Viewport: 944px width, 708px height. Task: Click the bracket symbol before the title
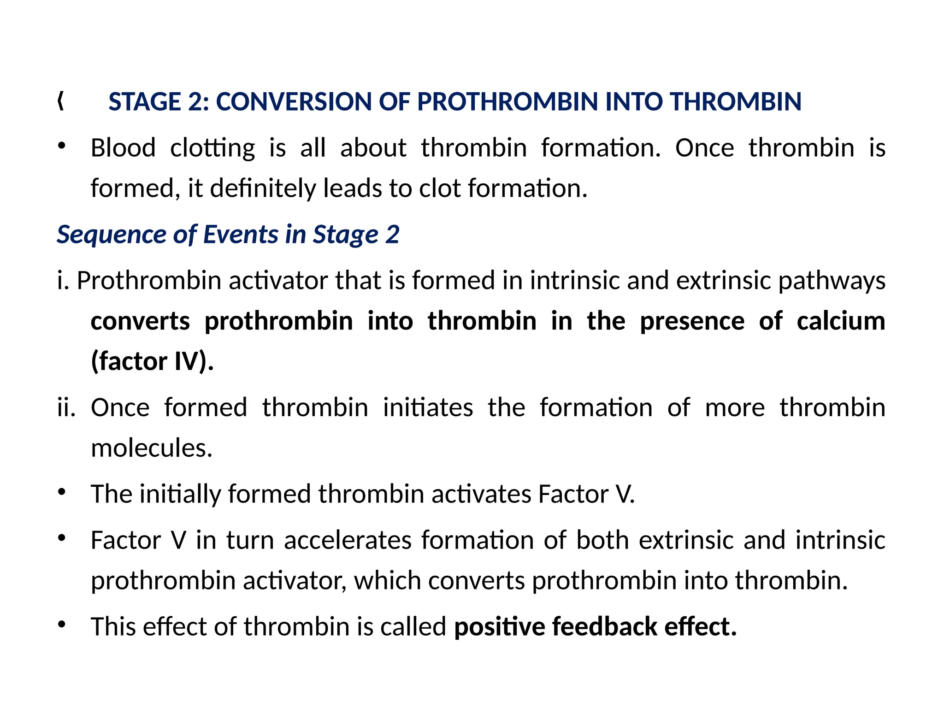(61, 101)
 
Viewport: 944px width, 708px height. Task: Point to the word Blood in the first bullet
(123, 148)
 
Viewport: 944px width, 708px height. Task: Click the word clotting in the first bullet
(212, 149)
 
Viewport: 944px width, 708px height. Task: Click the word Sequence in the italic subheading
(111, 235)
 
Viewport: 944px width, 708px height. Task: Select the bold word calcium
(841, 321)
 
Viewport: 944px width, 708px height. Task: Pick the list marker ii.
(66, 407)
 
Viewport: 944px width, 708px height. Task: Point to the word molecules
(152, 448)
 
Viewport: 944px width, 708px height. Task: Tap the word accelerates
(348, 540)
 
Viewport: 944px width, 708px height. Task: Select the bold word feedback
(604, 627)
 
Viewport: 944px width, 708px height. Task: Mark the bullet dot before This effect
(62, 625)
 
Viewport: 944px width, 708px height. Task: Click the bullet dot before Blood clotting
(62, 147)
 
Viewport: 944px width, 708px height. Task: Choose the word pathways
(832, 281)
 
